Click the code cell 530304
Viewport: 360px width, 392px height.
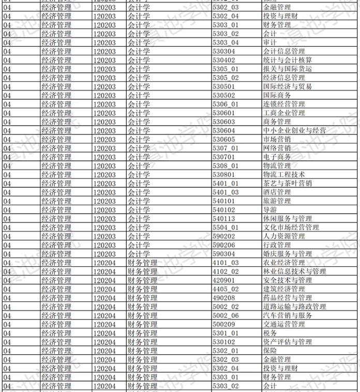223,51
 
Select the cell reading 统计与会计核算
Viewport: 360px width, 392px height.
288,60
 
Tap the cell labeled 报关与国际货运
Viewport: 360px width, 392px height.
288,69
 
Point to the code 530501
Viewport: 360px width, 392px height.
223,86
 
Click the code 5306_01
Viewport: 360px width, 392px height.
226,104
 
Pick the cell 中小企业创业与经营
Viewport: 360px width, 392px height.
294,130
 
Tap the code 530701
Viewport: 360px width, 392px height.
223,157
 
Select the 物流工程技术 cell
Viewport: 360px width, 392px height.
284,174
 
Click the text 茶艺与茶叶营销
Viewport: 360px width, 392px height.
288,183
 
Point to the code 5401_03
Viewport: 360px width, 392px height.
226,192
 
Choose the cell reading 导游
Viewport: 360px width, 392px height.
270,209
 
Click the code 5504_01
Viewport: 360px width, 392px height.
226,227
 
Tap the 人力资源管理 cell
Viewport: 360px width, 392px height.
284,236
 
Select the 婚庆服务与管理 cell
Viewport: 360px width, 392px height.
288,253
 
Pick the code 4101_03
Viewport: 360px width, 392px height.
226,262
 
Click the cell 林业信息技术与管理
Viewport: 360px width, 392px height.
294,271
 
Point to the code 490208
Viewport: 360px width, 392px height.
223,297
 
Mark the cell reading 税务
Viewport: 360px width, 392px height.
270,333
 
